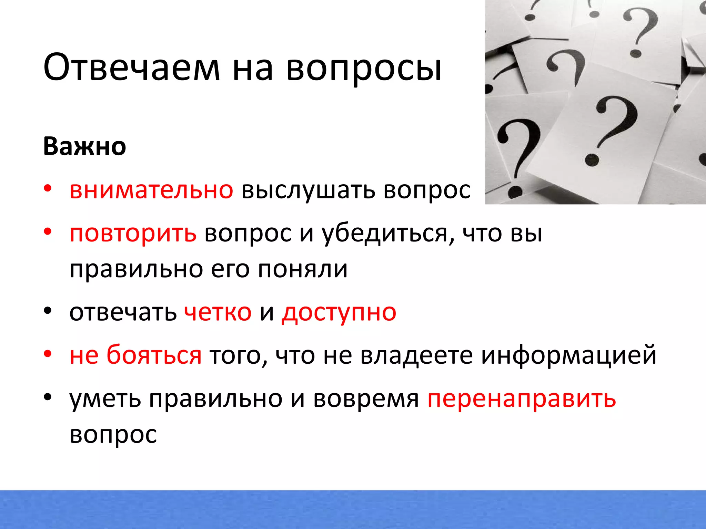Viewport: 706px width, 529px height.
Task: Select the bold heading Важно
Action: point(84,146)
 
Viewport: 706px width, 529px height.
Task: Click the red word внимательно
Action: point(151,190)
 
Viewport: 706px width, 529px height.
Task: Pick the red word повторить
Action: point(133,234)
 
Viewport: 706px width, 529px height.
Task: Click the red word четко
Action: point(218,313)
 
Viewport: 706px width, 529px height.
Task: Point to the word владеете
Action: point(416,355)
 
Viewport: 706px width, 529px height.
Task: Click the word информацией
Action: point(569,356)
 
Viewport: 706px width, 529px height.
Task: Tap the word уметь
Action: point(105,399)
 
